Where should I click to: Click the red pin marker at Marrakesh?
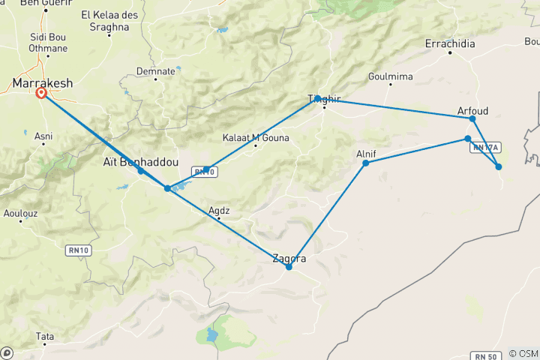click(x=41, y=93)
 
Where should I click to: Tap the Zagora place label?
click(x=289, y=259)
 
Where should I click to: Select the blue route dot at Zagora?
click(x=289, y=267)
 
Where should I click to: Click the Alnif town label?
click(x=366, y=154)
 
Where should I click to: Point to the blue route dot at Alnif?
click(x=366, y=163)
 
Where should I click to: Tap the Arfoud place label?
click(x=472, y=111)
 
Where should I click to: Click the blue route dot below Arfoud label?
click(x=472, y=119)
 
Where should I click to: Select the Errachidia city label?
click(x=450, y=43)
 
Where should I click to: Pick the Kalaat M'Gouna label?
click(x=256, y=137)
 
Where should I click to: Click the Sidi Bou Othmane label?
click(x=48, y=43)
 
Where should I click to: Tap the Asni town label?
click(x=43, y=136)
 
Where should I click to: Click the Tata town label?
click(x=45, y=337)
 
